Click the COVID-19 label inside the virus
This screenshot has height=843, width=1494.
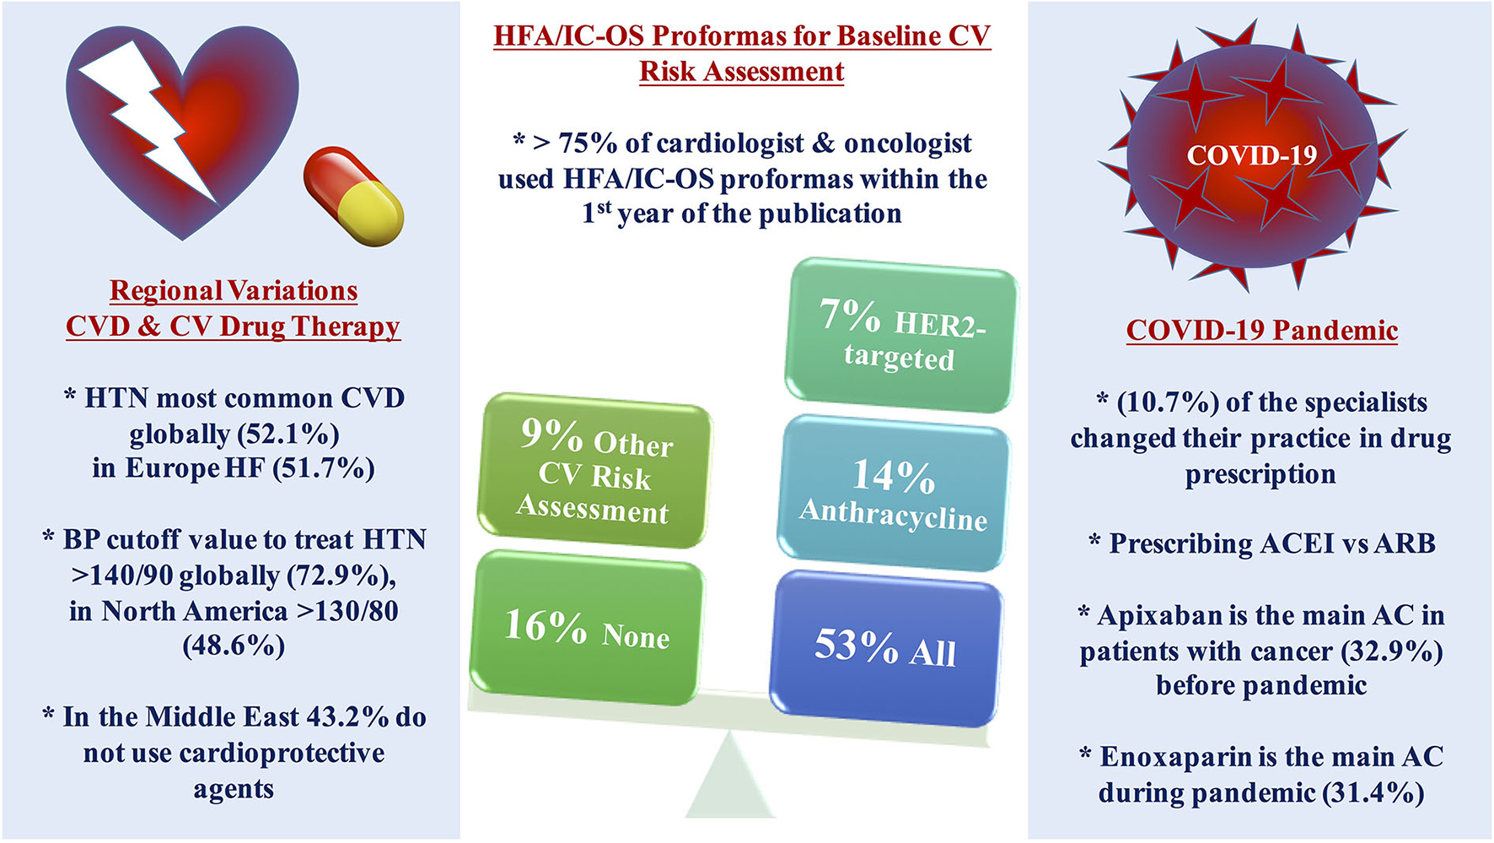pyautogui.click(x=1252, y=155)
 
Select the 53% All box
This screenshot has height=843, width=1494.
pyautogui.click(x=886, y=648)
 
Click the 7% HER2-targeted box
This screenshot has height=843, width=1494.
pyautogui.click(x=900, y=336)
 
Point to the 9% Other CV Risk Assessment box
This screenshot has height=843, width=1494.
pyautogui.click(x=594, y=471)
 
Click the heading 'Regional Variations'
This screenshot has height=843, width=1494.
pyautogui.click(x=234, y=291)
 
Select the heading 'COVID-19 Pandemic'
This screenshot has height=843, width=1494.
pyautogui.click(x=1262, y=330)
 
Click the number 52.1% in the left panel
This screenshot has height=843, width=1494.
pyautogui.click(x=288, y=434)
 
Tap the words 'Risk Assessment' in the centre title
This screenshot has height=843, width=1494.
pyautogui.click(x=742, y=72)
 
